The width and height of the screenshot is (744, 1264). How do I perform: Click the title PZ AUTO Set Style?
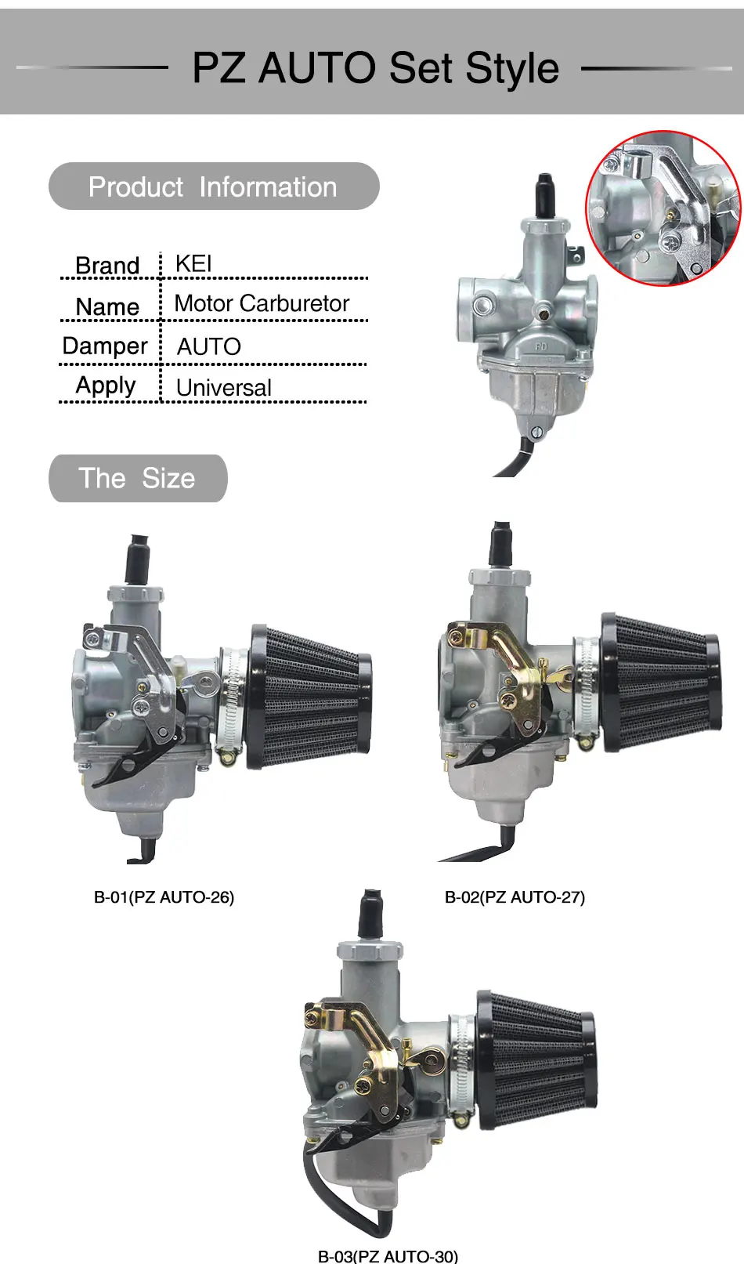pyautogui.click(x=375, y=67)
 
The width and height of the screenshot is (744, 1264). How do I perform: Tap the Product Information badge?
pyautogui.click(x=213, y=187)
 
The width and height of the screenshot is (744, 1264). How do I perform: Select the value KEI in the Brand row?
pyautogui.click(x=193, y=263)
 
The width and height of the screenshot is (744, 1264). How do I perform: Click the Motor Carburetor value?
pyautogui.click(x=262, y=303)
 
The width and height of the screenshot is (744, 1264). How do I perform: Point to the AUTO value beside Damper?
pyautogui.click(x=208, y=346)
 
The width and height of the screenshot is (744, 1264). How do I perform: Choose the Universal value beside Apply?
pyautogui.click(x=223, y=387)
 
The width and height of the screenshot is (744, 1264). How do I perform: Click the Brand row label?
pyautogui.click(x=107, y=266)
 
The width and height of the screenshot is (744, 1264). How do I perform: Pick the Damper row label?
pyautogui.click(x=105, y=346)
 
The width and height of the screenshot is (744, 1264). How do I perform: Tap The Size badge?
pyautogui.click(x=137, y=478)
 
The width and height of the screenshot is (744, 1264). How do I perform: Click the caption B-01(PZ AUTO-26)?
pyautogui.click(x=164, y=897)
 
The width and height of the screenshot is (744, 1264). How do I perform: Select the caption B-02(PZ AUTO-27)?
pyautogui.click(x=515, y=897)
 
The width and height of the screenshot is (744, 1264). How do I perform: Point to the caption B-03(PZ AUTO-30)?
pyautogui.click(x=388, y=1256)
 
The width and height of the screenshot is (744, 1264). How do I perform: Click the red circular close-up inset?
pyautogui.click(x=663, y=208)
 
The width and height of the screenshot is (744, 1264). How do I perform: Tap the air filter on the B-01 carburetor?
pyautogui.click(x=309, y=697)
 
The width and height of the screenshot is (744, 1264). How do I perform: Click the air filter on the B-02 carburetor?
pyautogui.click(x=659, y=683)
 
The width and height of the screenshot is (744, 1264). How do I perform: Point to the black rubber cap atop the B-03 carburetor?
pyautogui.click(x=370, y=913)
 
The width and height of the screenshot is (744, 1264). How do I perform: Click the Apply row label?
pyautogui.click(x=106, y=386)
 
